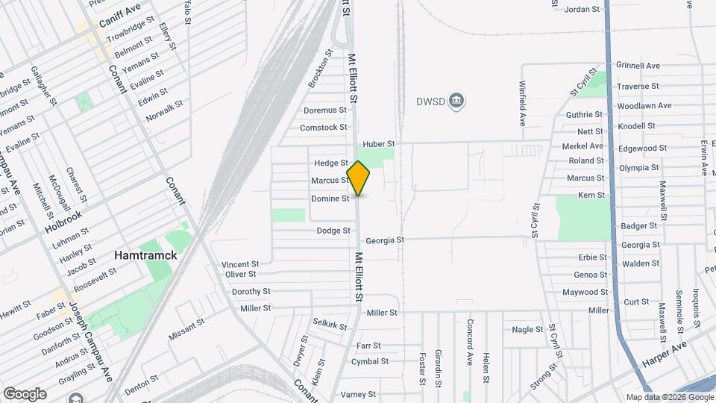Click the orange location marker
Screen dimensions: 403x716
[358, 178]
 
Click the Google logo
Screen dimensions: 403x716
[25, 394]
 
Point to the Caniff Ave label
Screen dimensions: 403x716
[122, 9]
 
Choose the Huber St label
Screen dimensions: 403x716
[378, 143]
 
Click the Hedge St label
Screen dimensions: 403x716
[331, 163]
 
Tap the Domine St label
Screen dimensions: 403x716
[330, 199]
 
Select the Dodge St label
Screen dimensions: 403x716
[333, 231]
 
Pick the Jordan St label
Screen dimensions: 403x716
[582, 10]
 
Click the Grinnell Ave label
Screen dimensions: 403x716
[638, 66]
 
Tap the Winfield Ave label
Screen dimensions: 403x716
[524, 101]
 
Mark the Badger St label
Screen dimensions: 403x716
[640, 225]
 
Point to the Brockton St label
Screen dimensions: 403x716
[319, 68]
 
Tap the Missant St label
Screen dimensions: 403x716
[186, 329]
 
